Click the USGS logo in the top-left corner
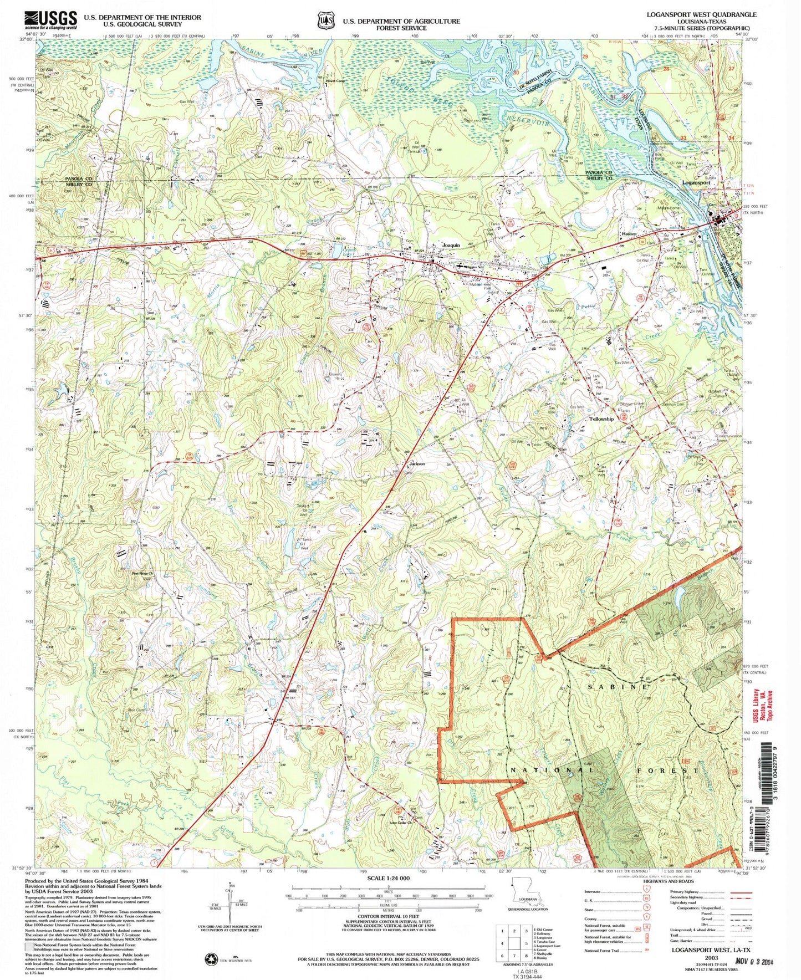[x=50, y=20]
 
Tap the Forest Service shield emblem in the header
[x=325, y=21]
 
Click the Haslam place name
[x=628, y=234]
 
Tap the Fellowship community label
[x=601, y=419]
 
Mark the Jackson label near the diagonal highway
[x=417, y=463]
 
